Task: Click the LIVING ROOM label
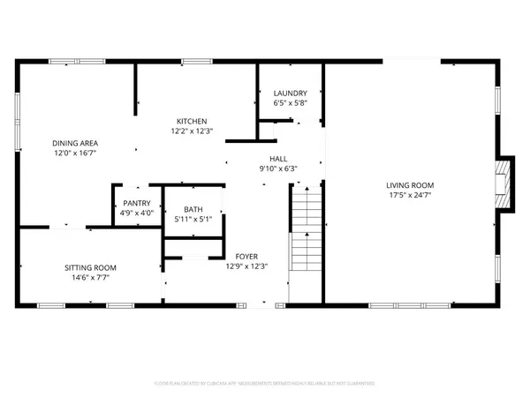point(410,185)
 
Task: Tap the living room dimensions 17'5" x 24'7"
point(410,196)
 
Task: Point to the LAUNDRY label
point(290,93)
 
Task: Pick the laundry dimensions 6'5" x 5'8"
point(290,103)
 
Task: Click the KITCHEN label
point(192,121)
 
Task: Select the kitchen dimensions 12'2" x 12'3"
point(192,131)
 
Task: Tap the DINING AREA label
point(75,143)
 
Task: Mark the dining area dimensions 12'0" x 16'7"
point(75,154)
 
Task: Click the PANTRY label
point(137,202)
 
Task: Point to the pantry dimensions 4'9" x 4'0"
point(137,213)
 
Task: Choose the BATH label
point(193,209)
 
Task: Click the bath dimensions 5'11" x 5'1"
point(193,220)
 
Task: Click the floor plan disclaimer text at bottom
point(264,385)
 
